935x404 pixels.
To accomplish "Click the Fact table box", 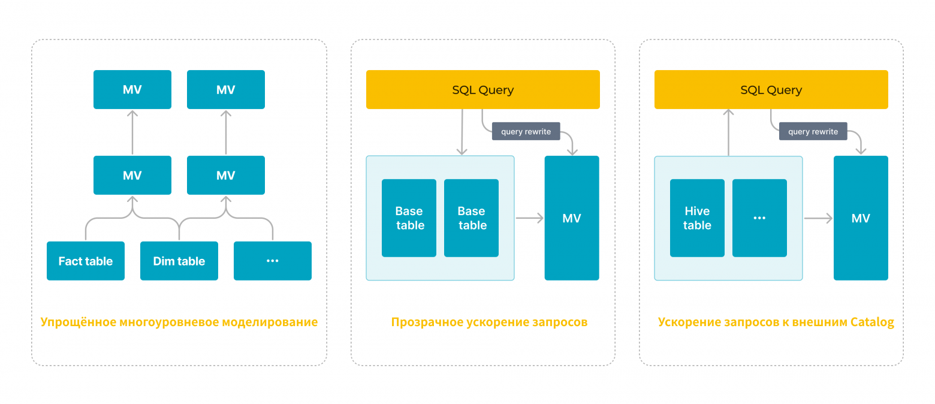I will pos(86,261).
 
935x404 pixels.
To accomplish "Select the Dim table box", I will pos(179,261).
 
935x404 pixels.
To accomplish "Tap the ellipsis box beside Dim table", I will pos(273,261).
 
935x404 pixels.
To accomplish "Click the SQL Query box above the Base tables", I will pos(483,90).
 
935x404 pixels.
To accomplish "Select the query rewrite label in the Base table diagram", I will pos(526,131).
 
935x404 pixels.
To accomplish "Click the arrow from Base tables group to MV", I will pos(529,218).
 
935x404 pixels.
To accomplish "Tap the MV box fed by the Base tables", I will pos(572,218).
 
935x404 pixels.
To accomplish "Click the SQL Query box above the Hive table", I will pos(771,90).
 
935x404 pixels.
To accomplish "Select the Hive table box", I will pos(697,218).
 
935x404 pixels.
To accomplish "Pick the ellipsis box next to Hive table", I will pos(759,218).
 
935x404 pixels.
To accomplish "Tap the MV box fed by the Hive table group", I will pos(861,218).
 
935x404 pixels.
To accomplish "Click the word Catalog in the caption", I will pos(872,322).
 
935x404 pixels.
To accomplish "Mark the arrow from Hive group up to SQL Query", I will pos(729,132).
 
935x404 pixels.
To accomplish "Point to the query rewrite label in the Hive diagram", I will pos(813,131).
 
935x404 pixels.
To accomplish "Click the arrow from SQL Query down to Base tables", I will pos(462,132).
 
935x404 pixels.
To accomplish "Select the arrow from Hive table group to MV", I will pos(818,218).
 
